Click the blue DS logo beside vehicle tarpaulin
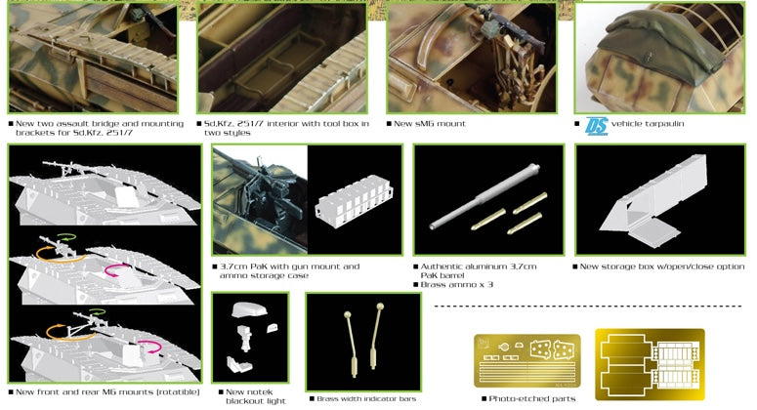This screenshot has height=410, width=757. (x=596, y=126)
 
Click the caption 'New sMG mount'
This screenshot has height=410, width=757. (x=430, y=124)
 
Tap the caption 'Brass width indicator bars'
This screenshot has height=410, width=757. (x=364, y=398)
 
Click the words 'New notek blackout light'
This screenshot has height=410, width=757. (x=251, y=394)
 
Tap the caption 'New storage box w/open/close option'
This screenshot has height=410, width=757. (x=660, y=266)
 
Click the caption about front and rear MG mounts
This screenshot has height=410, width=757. (x=107, y=391)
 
